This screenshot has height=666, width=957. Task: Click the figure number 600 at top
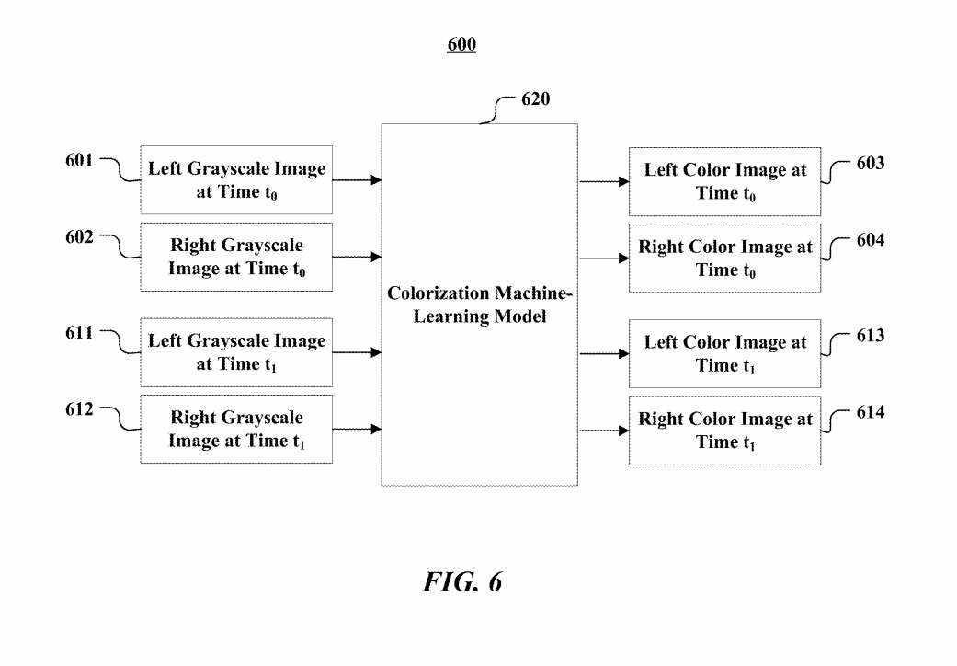461,44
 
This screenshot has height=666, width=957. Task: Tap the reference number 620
535,99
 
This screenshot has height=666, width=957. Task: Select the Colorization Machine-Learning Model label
479,305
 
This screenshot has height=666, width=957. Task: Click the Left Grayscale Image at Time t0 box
236,180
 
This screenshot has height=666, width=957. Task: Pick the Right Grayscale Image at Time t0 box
236,258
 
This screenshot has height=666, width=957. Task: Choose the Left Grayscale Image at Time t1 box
236,352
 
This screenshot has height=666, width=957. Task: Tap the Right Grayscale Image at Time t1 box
236,430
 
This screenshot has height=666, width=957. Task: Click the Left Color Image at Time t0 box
724,181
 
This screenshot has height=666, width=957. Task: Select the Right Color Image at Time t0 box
724,258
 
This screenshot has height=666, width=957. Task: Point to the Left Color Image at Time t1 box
724,353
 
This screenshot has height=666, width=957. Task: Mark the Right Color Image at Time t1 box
724,431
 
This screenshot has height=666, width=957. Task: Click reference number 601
79,161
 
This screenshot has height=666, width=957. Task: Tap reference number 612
79,410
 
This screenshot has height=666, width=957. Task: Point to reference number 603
871,164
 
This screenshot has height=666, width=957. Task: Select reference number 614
871,412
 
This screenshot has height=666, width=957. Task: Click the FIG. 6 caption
462,582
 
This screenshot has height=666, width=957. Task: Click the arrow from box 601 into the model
357,180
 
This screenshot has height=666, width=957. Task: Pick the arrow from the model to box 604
604,258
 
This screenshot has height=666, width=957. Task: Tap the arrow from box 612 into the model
357,429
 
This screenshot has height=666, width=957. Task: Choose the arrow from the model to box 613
604,353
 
